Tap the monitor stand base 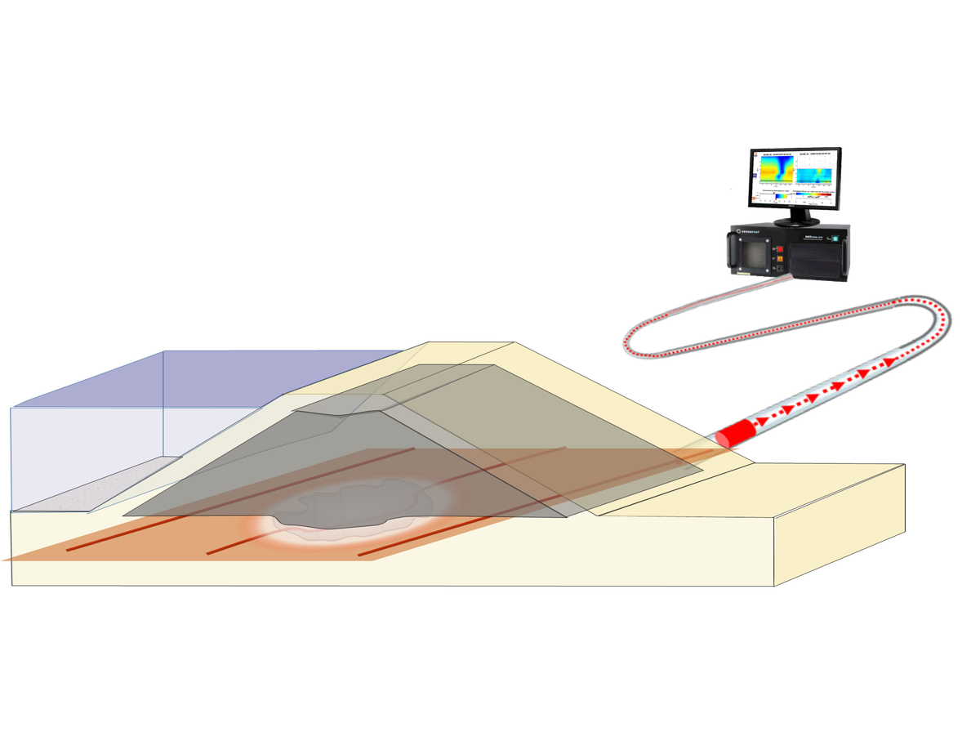(795, 222)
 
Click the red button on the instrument (779, 252)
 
